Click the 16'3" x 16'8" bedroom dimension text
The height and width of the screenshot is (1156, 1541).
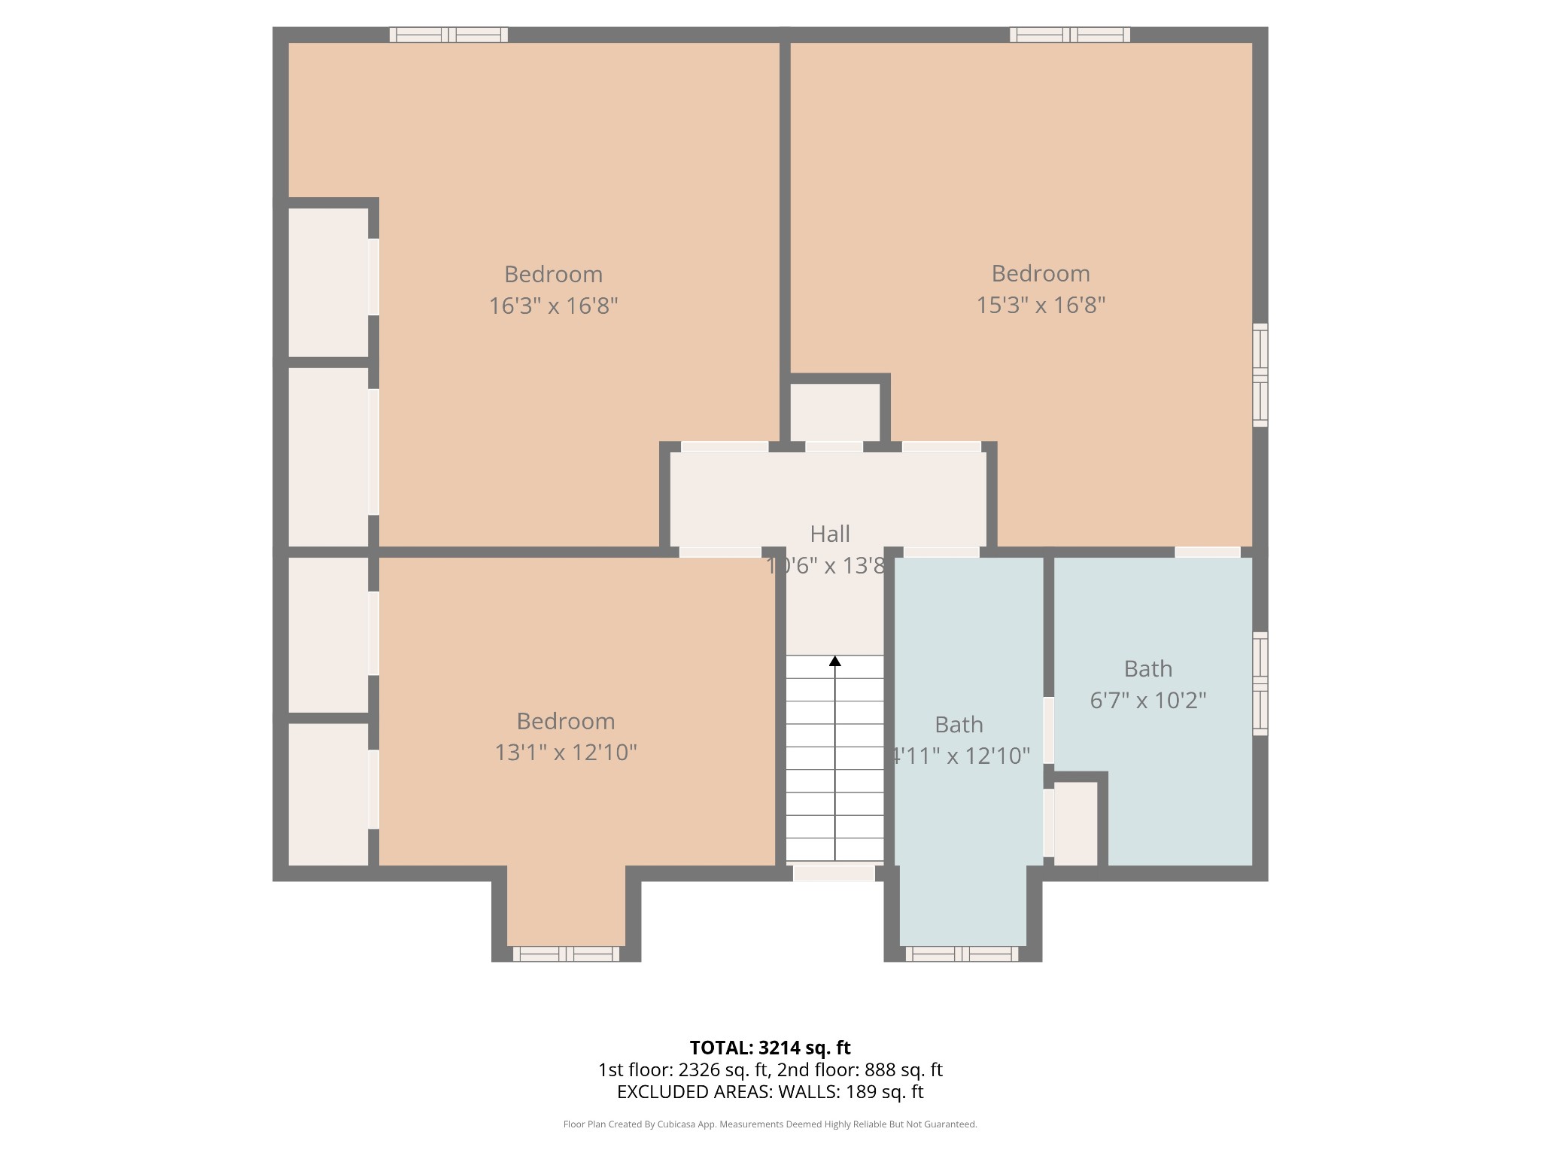point(553,306)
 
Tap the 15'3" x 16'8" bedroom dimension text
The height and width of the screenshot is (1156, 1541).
point(1041,306)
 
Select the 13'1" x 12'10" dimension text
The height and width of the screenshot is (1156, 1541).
point(566,753)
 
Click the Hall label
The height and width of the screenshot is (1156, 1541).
point(830,534)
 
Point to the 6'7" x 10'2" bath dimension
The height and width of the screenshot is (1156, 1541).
point(1148,701)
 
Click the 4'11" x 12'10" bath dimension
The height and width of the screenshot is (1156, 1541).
point(960,756)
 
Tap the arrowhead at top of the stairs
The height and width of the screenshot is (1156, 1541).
point(835,661)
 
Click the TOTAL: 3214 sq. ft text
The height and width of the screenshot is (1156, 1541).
point(770,1048)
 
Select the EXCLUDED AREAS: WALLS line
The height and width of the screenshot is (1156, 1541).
point(770,1091)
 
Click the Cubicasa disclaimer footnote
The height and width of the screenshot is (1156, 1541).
point(770,1124)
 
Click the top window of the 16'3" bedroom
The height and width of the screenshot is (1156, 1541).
point(448,35)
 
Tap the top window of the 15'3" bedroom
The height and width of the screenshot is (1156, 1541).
point(1069,35)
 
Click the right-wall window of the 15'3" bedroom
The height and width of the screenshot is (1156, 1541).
point(1260,375)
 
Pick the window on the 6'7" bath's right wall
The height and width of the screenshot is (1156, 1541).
point(1260,683)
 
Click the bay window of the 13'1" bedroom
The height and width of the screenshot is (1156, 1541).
point(566,954)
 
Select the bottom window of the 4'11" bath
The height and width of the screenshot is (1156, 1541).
point(962,954)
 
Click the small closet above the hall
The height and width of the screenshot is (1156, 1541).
point(834,412)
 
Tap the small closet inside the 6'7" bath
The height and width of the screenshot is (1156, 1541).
point(1075,823)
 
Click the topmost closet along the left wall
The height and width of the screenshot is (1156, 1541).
point(328,281)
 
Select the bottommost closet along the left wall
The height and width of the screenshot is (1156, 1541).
point(328,794)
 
